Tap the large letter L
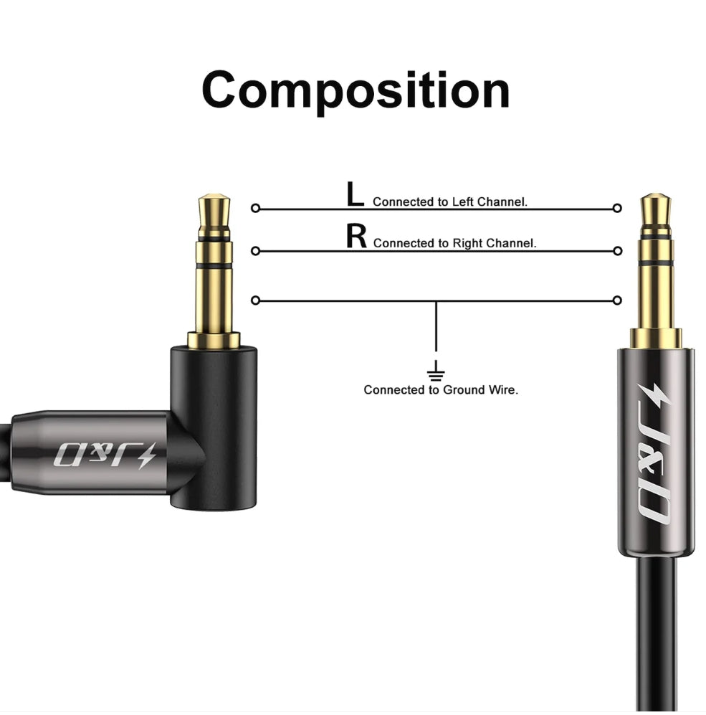coord(355,194)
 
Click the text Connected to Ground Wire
coord(441,390)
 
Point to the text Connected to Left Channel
coord(450,202)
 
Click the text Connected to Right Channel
coord(454,243)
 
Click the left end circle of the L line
coord(256,209)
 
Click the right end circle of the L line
coord(617,209)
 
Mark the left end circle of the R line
coord(256,251)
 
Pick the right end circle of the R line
coord(618,251)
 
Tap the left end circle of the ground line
coord(256,300)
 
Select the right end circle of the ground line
coord(617,300)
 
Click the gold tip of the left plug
coord(214,214)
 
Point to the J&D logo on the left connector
coord(105,455)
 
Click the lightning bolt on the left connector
coord(146,455)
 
